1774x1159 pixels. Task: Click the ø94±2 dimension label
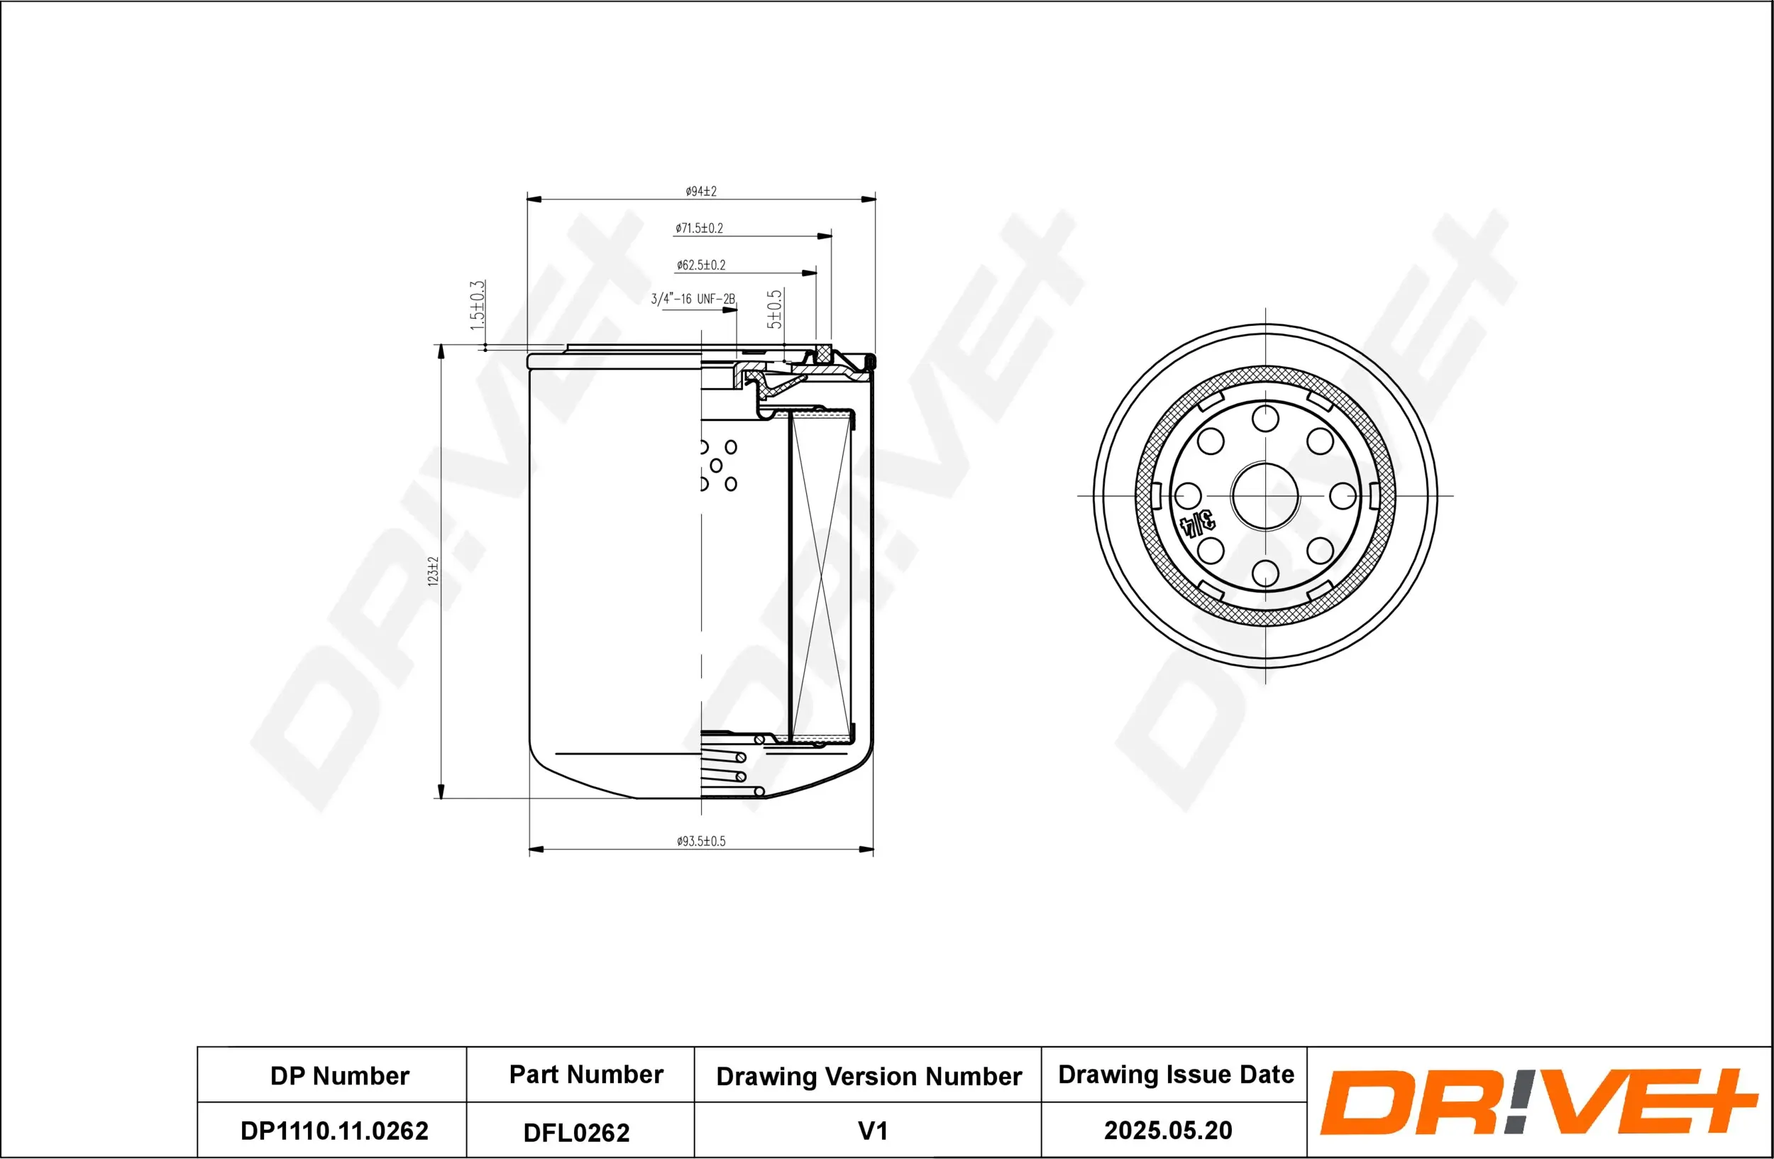700,192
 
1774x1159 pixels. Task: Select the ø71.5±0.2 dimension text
699,228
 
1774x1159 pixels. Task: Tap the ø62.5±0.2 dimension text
700,265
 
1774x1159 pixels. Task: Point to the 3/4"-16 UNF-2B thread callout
693,299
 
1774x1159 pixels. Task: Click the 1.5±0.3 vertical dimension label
477,306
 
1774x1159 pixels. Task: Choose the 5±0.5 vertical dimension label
774,309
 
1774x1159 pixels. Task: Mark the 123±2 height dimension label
433,571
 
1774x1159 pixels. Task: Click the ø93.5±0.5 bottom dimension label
700,841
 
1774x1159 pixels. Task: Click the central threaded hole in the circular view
1265,495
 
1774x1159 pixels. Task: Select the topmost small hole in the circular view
1265,418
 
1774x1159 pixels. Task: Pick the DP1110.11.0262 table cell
334,1131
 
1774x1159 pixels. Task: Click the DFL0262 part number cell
576,1132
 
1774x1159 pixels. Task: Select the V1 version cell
872,1131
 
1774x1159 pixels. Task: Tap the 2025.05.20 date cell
1167,1130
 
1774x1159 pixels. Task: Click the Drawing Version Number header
869,1076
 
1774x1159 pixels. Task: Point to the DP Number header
339,1075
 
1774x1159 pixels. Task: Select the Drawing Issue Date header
1176,1074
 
